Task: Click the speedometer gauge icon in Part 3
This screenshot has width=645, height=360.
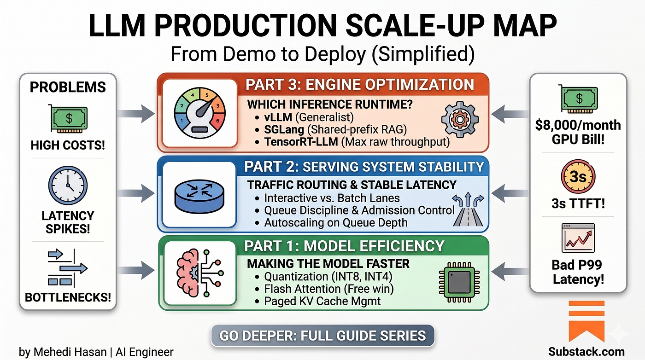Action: click(x=199, y=113)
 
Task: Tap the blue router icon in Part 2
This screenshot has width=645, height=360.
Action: click(x=199, y=195)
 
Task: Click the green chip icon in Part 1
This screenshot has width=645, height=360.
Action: click(x=459, y=282)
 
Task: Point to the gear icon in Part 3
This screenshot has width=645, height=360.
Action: click(x=460, y=119)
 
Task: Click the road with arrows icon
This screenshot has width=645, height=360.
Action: click(x=468, y=209)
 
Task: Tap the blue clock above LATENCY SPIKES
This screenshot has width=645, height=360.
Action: click(x=68, y=186)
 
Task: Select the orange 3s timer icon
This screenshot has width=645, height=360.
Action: click(x=578, y=176)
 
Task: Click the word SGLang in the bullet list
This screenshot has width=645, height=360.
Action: click(x=284, y=130)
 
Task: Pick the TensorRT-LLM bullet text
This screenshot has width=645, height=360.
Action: click(x=357, y=142)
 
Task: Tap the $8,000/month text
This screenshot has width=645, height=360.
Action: click(x=578, y=125)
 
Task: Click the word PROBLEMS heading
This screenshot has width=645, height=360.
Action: click(x=68, y=87)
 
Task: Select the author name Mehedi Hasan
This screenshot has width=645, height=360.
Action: click(x=70, y=352)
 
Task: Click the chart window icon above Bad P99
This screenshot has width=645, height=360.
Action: click(x=578, y=238)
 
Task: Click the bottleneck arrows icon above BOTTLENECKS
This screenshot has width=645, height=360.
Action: click(x=67, y=268)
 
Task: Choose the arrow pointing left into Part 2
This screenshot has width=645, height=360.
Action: click(x=510, y=193)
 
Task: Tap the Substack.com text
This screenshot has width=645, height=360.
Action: click(x=586, y=352)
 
